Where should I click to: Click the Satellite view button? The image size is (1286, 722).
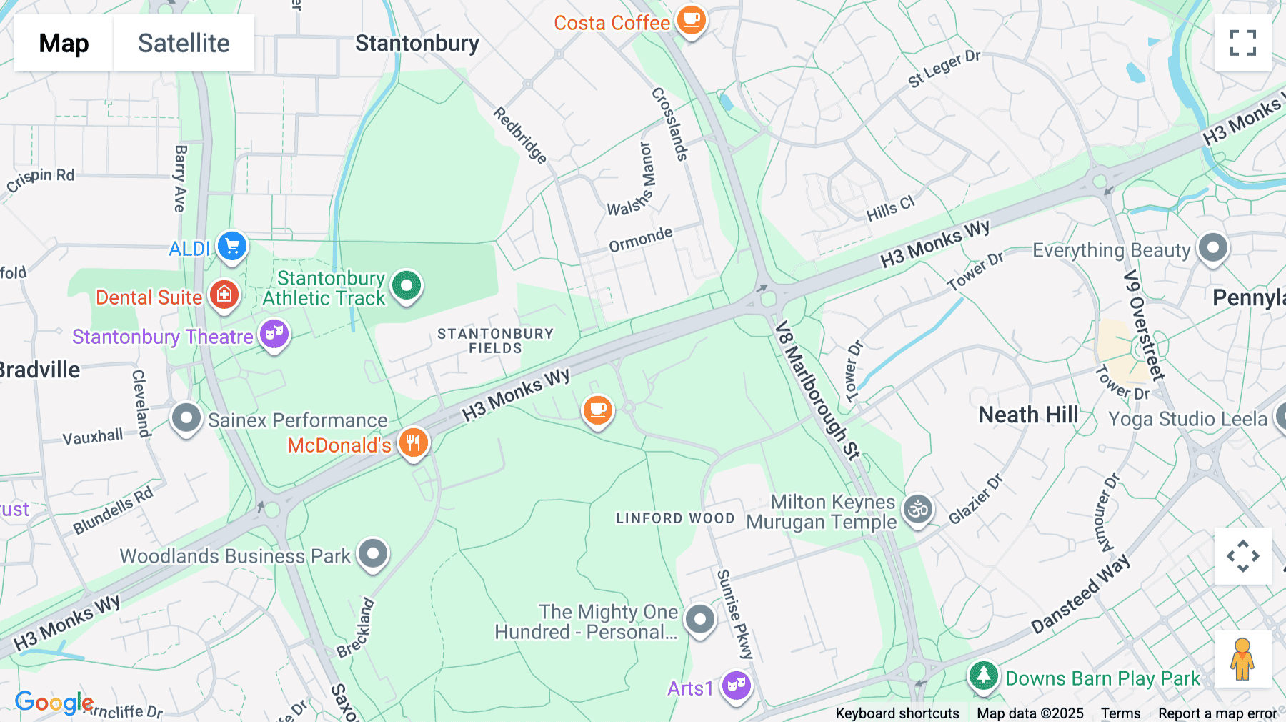click(x=184, y=43)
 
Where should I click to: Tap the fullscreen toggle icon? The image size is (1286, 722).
click(x=1242, y=43)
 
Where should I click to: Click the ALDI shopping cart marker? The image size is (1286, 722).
click(x=232, y=247)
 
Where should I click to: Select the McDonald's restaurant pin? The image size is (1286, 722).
click(x=413, y=443)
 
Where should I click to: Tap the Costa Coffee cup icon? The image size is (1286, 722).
click(x=691, y=20)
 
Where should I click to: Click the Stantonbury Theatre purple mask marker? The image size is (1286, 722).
click(x=274, y=334)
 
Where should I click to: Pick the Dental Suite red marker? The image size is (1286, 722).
click(x=224, y=294)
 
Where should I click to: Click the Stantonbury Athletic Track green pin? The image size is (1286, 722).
click(x=407, y=285)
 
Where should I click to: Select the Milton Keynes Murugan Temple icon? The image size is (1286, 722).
click(x=918, y=509)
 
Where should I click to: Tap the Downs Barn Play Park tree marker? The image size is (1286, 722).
click(x=983, y=675)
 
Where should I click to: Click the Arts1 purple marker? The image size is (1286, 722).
click(x=736, y=686)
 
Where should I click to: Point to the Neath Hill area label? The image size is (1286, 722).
click(x=1028, y=415)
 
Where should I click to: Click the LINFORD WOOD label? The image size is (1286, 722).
click(x=675, y=518)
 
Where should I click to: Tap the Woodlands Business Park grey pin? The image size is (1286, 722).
click(x=373, y=553)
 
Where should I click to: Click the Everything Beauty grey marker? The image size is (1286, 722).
click(x=1212, y=248)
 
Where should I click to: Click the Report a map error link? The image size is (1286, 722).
click(x=1217, y=713)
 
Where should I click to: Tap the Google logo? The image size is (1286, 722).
click(x=54, y=703)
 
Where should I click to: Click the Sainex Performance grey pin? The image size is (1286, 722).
click(x=186, y=417)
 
